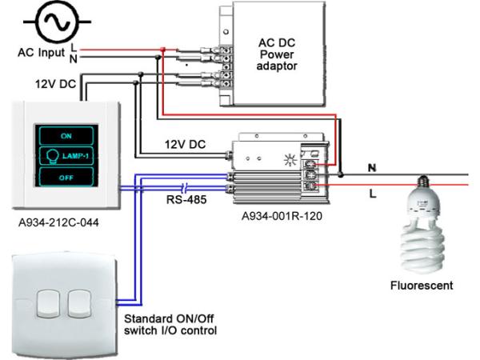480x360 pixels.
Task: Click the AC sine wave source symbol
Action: (54, 22)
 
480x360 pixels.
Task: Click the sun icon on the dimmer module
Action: (290, 158)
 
